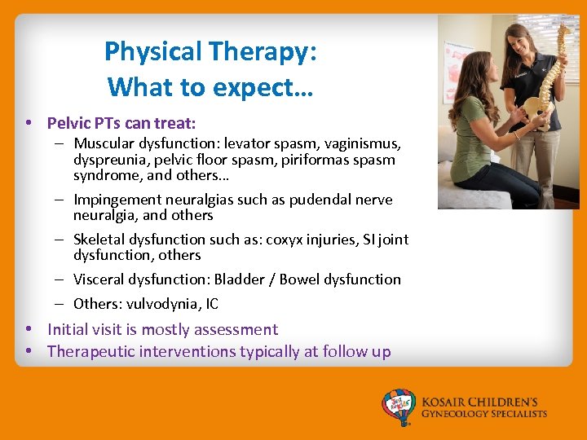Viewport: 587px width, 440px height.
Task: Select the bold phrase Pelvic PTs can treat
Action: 121,123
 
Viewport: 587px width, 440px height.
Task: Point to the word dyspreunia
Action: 107,160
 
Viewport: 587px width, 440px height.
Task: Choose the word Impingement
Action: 119,200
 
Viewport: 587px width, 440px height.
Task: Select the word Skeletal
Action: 99,240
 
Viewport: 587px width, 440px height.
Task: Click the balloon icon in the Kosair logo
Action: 399,406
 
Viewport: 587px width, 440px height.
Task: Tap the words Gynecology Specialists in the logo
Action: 483,414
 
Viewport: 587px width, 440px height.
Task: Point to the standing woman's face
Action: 519,41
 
